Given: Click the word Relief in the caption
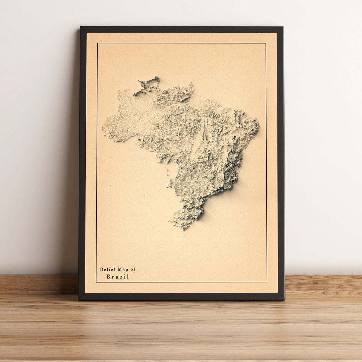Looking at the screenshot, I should pyautogui.click(x=106, y=269).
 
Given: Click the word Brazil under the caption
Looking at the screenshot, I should pyautogui.click(x=118, y=276).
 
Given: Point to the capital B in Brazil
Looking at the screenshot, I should pyautogui.click(x=108, y=276).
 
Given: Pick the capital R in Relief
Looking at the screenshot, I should pyautogui.click(x=102, y=269).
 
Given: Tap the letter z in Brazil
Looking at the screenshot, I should pyautogui.click(x=120, y=277).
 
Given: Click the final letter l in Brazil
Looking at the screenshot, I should pyautogui.click(x=128, y=276).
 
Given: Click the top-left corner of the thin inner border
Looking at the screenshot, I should pyautogui.click(x=97, y=43).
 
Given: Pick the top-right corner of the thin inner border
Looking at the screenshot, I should pyautogui.click(x=266, y=43).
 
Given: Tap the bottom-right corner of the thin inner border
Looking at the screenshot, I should pyautogui.click(x=267, y=282).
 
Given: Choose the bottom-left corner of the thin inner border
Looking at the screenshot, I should pyautogui.click(x=96, y=282).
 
